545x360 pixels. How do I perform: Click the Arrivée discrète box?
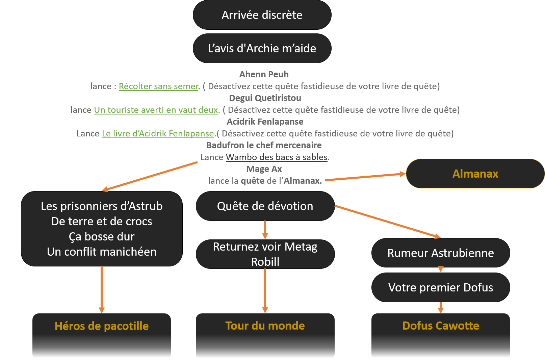click(262, 15)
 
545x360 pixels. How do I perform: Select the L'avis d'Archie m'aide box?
click(262, 48)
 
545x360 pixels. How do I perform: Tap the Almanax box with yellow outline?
click(475, 174)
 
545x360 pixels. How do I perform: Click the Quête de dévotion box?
click(265, 206)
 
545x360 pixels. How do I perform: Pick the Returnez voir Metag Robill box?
click(265, 254)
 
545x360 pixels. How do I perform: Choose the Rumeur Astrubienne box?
click(440, 253)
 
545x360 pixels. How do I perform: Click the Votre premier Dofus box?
click(440, 287)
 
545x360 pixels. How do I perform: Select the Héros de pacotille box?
click(102, 334)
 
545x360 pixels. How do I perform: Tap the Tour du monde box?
click(265, 334)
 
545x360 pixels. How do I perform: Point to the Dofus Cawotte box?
click(440, 334)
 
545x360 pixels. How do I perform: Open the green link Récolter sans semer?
click(159, 86)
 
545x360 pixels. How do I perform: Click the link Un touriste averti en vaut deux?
click(156, 110)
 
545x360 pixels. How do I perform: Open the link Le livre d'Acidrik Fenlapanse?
click(158, 134)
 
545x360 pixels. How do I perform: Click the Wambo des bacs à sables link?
click(277, 157)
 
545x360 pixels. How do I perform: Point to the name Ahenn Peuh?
click(264, 74)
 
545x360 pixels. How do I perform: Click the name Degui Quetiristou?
click(265, 98)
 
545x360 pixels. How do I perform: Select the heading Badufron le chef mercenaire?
click(264, 145)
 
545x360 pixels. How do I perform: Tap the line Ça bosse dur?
click(102, 236)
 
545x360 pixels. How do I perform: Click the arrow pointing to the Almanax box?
click(365, 177)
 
